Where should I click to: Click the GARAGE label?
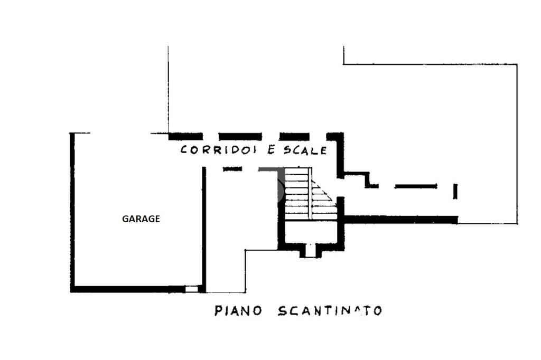[x=141, y=219]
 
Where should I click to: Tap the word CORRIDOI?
[x=219, y=150]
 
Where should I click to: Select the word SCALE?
[x=305, y=150]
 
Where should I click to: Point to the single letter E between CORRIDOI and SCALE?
[x=271, y=150]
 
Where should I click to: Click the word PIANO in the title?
[x=238, y=310]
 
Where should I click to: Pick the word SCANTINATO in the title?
[x=330, y=310]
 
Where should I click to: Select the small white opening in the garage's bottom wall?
[x=191, y=289]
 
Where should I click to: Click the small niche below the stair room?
[x=310, y=251]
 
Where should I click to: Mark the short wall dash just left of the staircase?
[x=232, y=169]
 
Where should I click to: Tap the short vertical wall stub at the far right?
[x=455, y=191]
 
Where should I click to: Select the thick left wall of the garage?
[x=72, y=211]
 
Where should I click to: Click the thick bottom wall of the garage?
[x=127, y=289]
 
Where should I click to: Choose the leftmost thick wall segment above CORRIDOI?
[x=185, y=136]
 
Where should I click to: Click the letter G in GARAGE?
[x=125, y=219]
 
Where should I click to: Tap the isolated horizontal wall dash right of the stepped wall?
[x=416, y=186]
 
